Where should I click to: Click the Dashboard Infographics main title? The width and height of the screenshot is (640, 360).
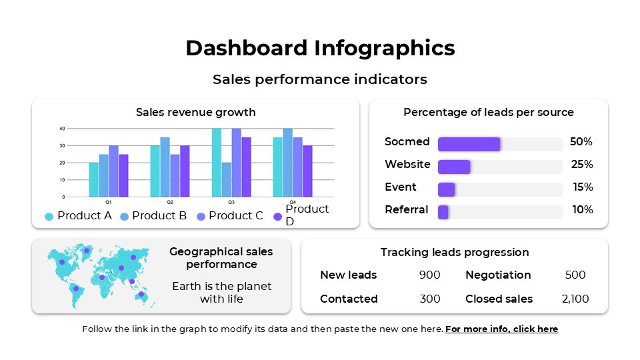pos(320,48)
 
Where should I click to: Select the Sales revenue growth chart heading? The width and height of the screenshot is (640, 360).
pos(195,112)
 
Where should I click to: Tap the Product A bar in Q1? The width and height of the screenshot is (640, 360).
pos(94,179)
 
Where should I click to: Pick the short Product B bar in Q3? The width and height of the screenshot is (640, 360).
pos(227,179)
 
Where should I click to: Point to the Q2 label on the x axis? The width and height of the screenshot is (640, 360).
pos(170,201)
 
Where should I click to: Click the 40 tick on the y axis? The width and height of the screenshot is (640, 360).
pos(62,129)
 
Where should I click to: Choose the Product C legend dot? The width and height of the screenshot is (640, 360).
pos(201,216)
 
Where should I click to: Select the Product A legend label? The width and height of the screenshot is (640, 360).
pos(84,215)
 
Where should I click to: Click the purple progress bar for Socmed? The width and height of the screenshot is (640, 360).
pos(469,144)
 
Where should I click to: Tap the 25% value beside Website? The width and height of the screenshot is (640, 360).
pos(581,165)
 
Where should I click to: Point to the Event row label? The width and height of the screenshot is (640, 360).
pos(400,187)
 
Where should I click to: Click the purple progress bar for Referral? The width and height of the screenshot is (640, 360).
pos(443,212)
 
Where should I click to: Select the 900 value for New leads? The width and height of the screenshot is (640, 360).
pos(429,275)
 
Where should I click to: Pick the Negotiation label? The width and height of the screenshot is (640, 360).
pos(498,275)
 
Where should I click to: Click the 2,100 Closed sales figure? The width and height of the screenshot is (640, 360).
pos(575,299)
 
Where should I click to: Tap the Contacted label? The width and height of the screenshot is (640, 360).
pos(349,299)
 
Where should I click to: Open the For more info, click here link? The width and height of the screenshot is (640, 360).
pos(501,329)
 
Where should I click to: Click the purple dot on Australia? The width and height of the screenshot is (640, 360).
pos(141,294)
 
